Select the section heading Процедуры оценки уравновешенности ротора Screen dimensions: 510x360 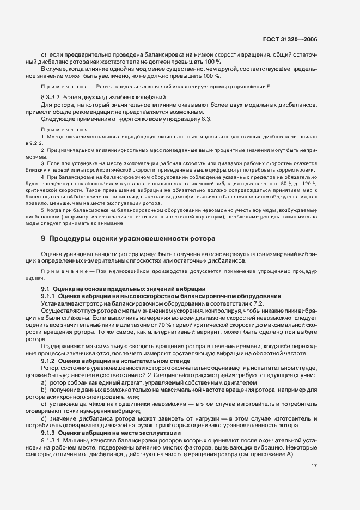[x=132, y=238]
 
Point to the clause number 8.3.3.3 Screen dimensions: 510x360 [x=52, y=96]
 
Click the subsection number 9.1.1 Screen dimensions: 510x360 [x=50, y=295]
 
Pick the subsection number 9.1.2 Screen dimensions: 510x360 [x=50, y=361]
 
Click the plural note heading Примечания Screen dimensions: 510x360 [x=65, y=129]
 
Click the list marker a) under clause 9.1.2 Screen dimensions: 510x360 [x=44, y=384]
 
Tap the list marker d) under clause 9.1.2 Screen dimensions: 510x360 [x=44, y=418]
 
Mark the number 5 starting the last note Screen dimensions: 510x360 [x=42, y=209]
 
